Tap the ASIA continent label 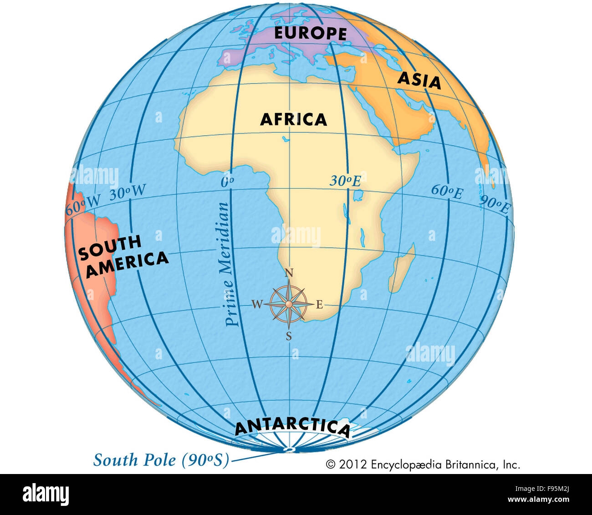[419, 80]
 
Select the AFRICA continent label [293, 119]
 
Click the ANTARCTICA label [292, 428]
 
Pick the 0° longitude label [227, 182]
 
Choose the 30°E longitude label [345, 181]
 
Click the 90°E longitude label [495, 205]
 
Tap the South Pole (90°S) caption [161, 460]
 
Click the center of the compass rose [289, 304]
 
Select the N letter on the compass [288, 273]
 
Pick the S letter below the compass [289, 337]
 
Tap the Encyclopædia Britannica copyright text [423, 464]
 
